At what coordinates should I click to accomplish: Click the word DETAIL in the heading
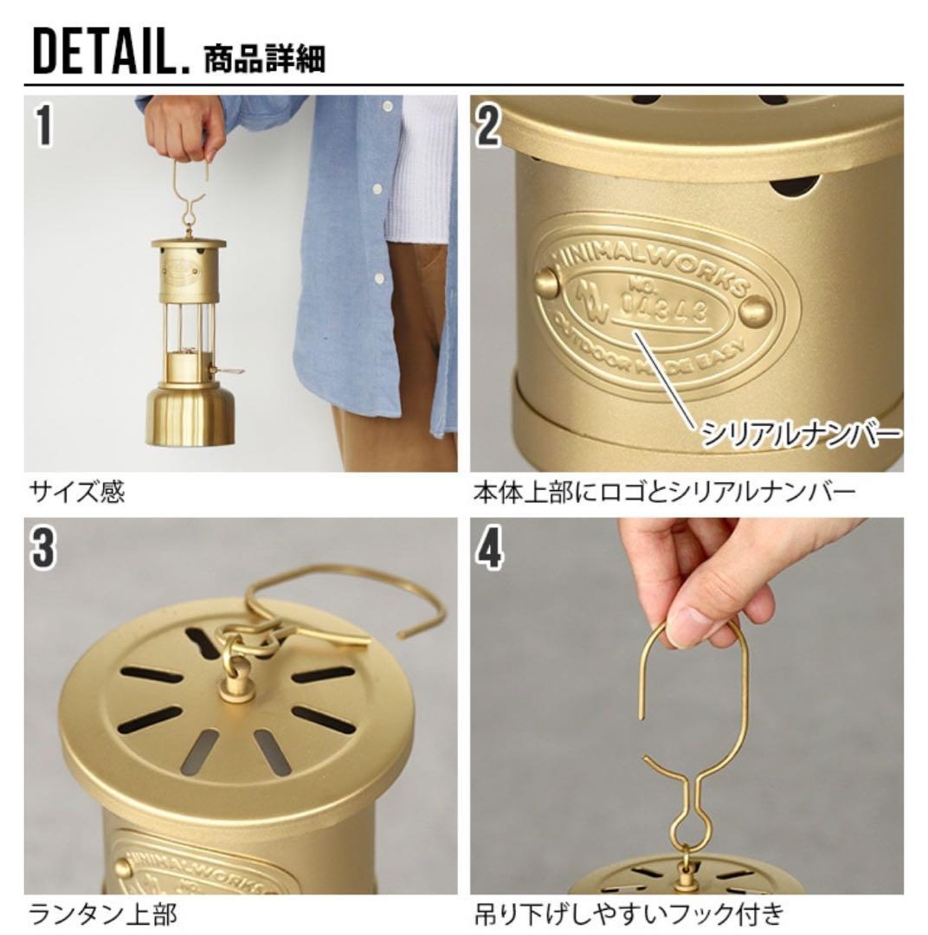click(x=104, y=55)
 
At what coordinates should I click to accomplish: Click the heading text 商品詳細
click(x=264, y=58)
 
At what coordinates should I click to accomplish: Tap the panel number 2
click(x=488, y=126)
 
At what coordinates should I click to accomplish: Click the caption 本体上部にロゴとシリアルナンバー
click(x=664, y=493)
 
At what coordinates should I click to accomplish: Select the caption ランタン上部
click(x=92, y=914)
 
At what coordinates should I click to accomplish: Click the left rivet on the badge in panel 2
click(x=545, y=281)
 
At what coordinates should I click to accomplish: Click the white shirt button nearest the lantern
click(x=377, y=278)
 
